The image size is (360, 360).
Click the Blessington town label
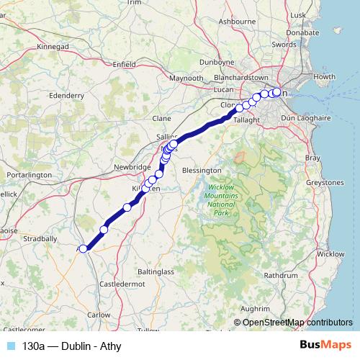202,170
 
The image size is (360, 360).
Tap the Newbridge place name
111,166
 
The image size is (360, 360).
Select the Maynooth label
186,77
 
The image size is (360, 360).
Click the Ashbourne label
237,22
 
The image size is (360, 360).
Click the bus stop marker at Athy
84,248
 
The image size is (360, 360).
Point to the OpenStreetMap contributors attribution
297,322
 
